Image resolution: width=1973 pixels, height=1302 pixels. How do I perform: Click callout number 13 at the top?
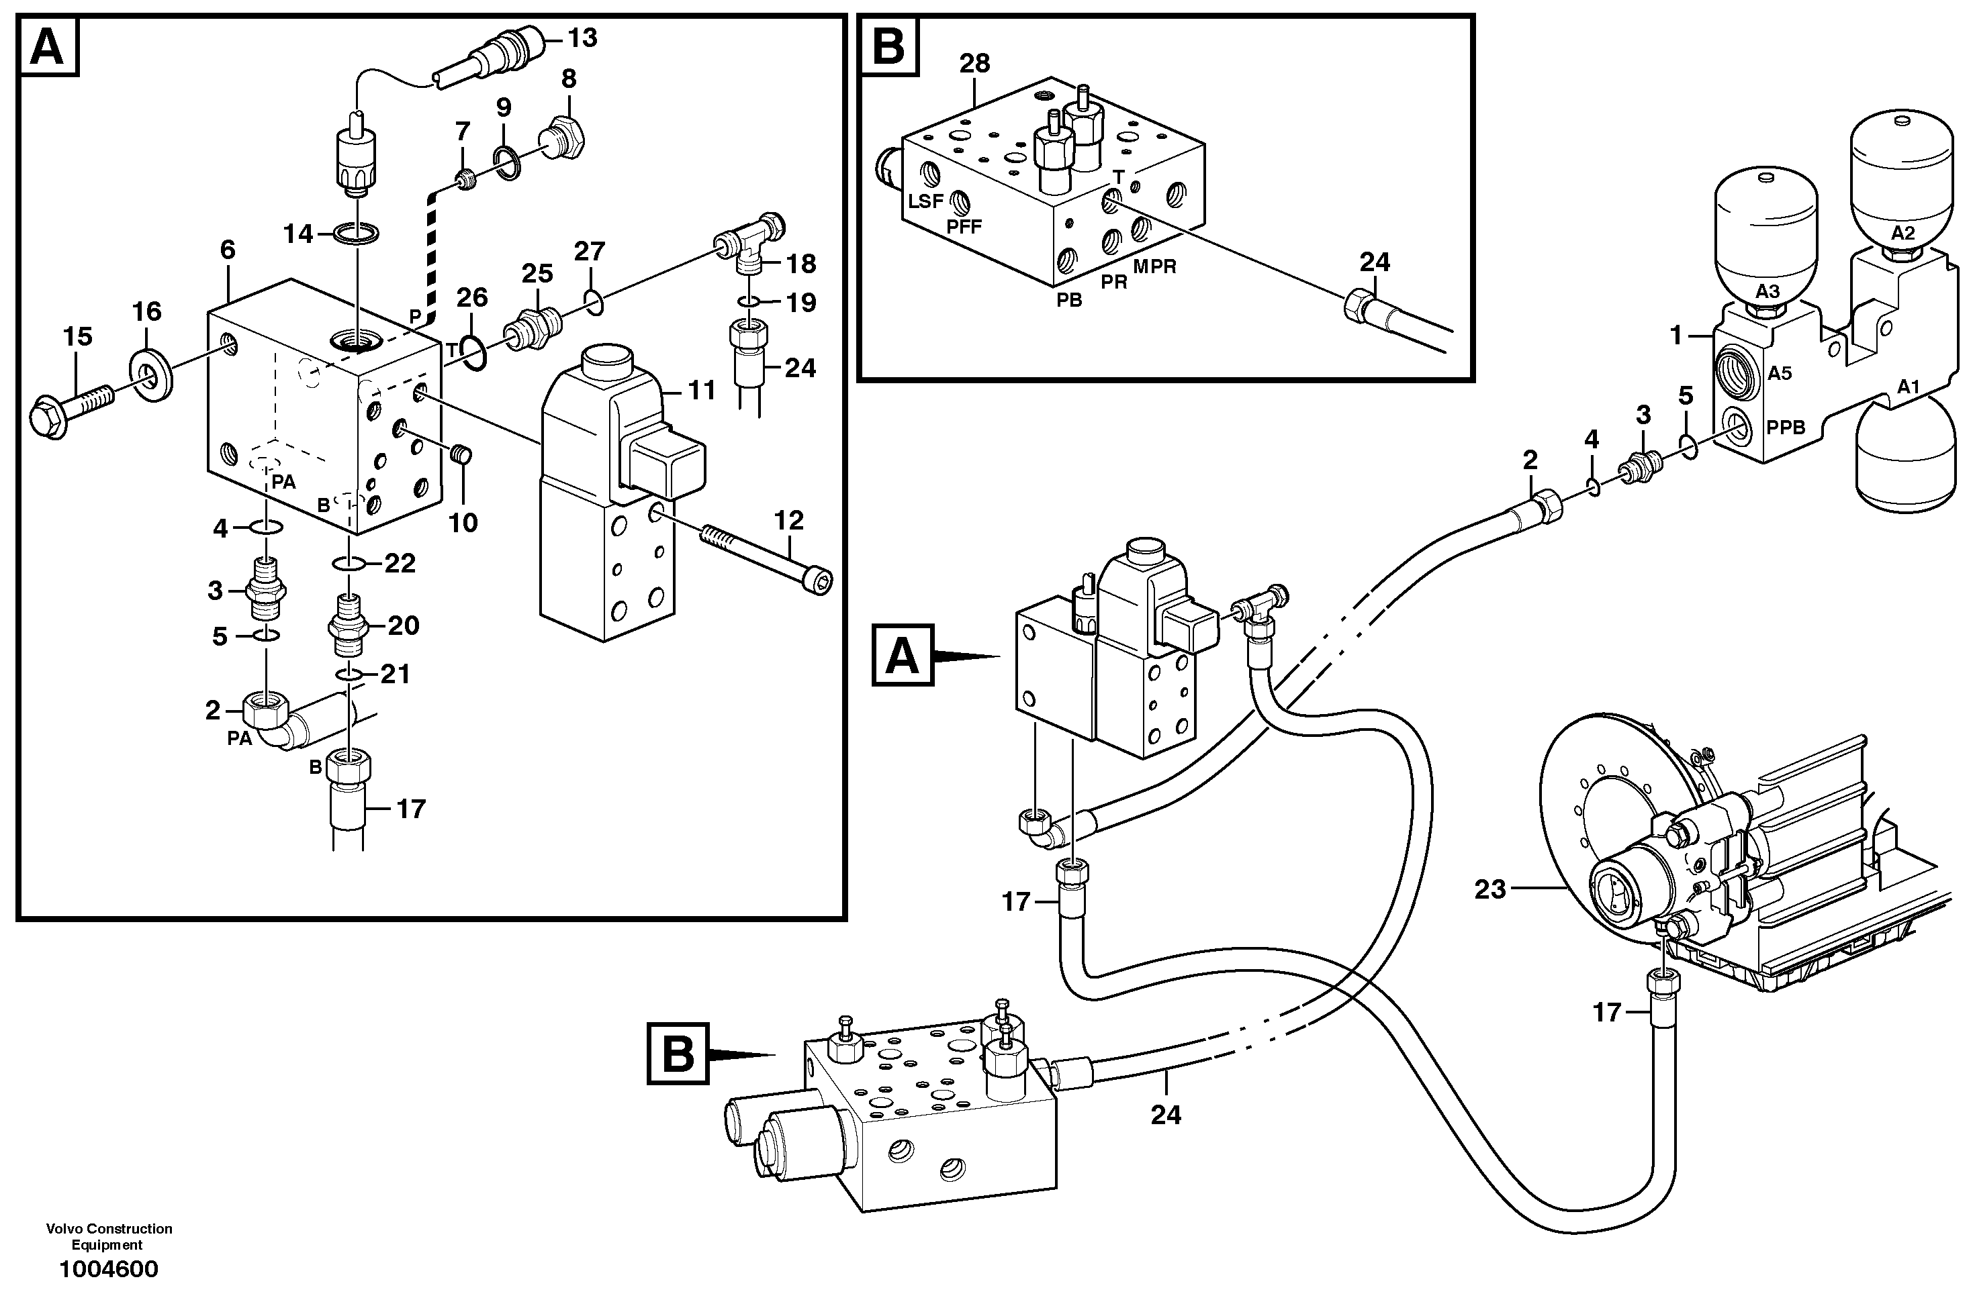pos(582,38)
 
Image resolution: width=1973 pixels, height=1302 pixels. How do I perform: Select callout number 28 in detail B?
pos(974,64)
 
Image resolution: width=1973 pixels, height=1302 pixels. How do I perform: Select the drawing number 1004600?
pos(108,1270)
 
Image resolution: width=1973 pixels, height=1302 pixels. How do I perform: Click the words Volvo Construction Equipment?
pos(109,1236)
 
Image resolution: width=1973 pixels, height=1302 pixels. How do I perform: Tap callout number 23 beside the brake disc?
pos(1490,890)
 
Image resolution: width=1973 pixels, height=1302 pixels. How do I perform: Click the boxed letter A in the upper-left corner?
pos(48,48)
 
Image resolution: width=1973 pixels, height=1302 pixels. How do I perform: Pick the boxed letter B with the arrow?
pos(678,1054)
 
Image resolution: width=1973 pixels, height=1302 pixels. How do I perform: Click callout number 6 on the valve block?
pos(228,250)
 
